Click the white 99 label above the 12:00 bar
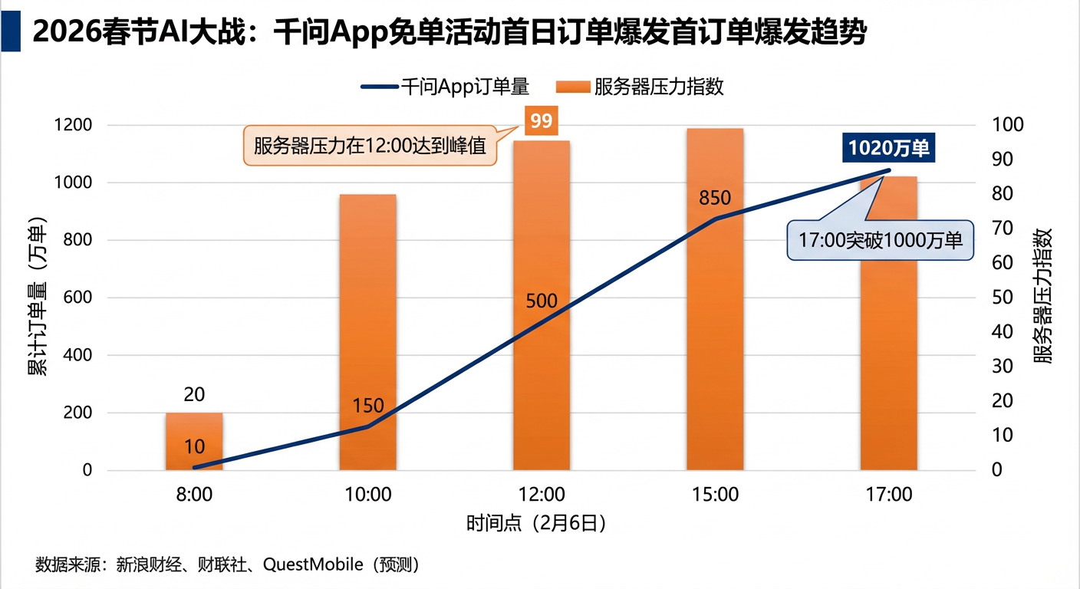click(x=542, y=121)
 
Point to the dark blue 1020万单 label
click(x=888, y=147)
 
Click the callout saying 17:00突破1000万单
click(x=880, y=240)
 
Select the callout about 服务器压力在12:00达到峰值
click(x=370, y=146)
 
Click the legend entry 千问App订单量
click(x=445, y=87)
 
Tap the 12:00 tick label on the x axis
click(x=542, y=495)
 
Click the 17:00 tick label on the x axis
click(x=889, y=495)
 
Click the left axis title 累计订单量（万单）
click(x=37, y=297)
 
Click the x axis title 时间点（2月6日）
click(x=537, y=524)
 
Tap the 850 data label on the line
click(x=715, y=199)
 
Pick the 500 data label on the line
click(x=542, y=301)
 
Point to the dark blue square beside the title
click(x=11, y=32)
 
